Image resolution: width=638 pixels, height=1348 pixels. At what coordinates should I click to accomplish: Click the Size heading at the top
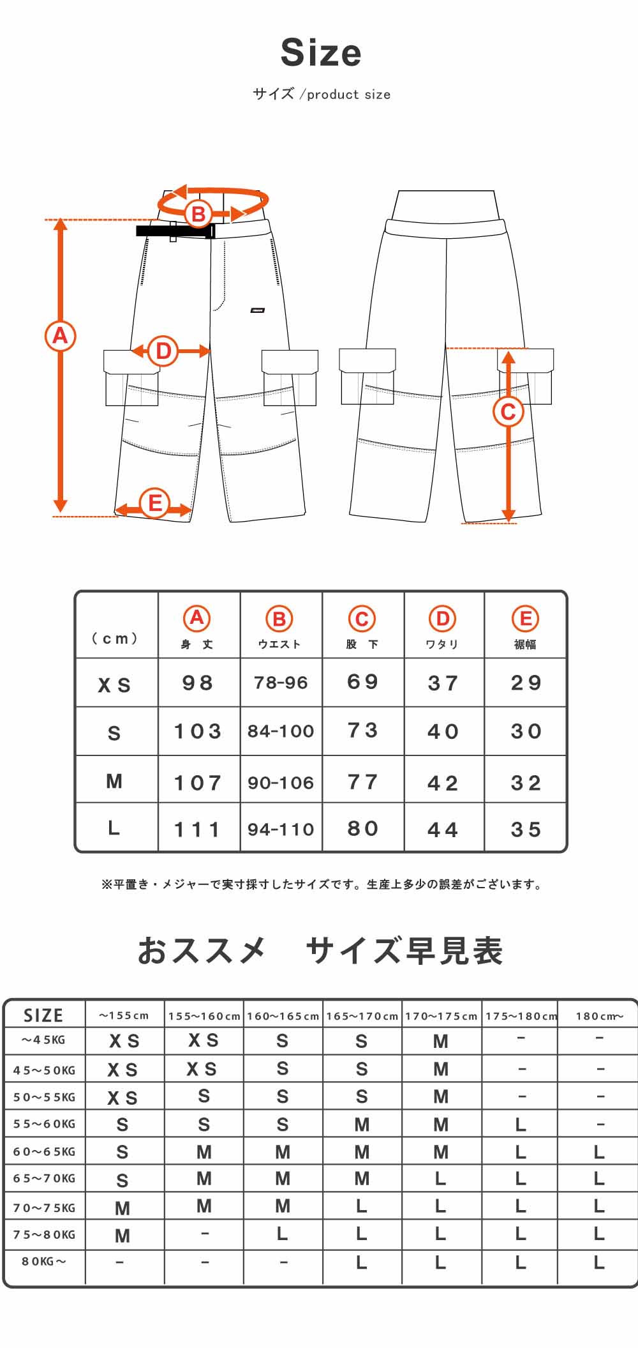[321, 52]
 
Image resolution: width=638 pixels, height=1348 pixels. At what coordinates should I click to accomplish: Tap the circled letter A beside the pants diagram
[60, 335]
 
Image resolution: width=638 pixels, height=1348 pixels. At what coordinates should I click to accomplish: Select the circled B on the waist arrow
[198, 213]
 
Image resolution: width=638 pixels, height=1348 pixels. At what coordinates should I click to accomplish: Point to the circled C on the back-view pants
[508, 411]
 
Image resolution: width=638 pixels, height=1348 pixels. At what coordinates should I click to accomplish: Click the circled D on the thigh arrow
[163, 351]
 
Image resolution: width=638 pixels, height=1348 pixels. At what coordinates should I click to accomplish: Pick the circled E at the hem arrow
[154, 503]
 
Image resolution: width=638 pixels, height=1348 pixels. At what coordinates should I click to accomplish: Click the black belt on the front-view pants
[175, 231]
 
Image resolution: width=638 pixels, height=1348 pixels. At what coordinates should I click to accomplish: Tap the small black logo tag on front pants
[258, 311]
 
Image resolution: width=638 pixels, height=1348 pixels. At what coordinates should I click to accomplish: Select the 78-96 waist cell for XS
[281, 683]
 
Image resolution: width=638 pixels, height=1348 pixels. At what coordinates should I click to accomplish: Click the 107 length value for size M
[198, 782]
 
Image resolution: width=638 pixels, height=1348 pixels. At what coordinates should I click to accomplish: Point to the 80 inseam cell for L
[362, 828]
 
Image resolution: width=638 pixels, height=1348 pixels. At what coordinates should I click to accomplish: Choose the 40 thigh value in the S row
[443, 731]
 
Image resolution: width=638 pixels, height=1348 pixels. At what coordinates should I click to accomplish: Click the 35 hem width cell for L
[526, 829]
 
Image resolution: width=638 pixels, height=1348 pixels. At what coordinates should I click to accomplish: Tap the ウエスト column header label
[279, 644]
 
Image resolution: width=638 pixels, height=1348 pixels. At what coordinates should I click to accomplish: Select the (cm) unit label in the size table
[115, 639]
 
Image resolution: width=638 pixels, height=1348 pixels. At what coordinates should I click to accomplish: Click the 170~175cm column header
[441, 1016]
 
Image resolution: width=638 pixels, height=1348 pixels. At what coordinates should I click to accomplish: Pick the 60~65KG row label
[44, 1151]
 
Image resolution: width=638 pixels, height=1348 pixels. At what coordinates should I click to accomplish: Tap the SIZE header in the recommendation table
[43, 1015]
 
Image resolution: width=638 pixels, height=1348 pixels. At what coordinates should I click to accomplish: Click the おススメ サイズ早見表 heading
[320, 950]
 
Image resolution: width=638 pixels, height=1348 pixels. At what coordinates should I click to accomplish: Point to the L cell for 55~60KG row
[521, 1125]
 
